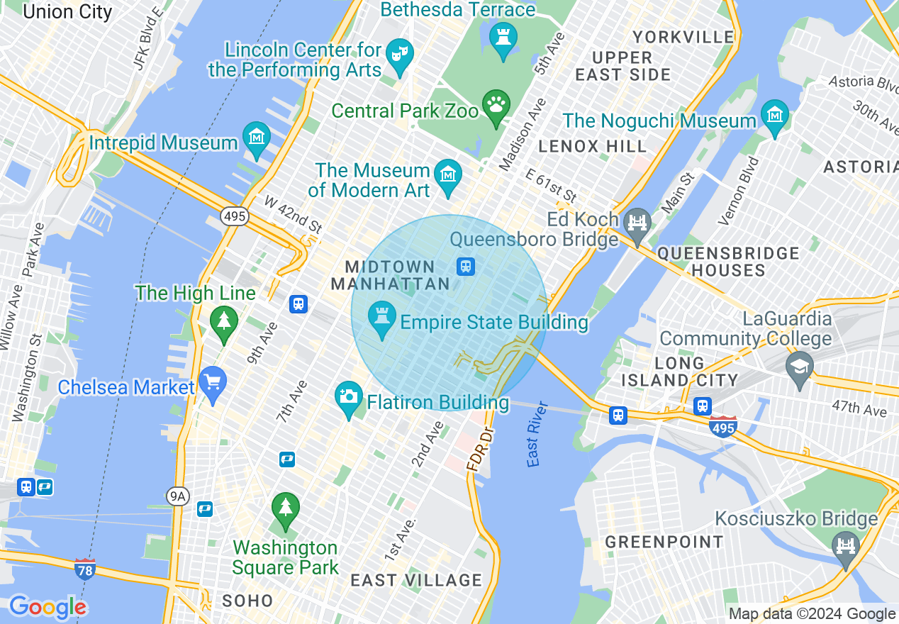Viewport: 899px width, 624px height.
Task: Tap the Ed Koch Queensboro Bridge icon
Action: [638, 223]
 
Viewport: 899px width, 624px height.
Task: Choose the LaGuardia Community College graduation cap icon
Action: [800, 368]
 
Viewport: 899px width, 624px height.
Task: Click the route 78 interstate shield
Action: [84, 569]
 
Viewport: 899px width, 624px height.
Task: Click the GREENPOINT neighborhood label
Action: [664, 542]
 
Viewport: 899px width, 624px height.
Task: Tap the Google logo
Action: [48, 607]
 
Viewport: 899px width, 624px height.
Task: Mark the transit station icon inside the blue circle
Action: [465, 267]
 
